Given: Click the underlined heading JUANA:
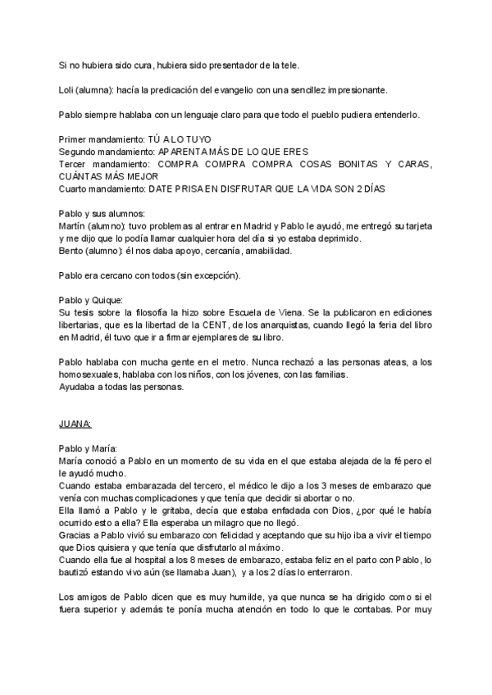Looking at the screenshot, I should coord(76,424).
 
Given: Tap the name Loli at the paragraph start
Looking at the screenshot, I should coord(70,89).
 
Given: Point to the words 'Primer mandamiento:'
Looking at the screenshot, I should coord(102,140).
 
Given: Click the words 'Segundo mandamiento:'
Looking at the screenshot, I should coord(107,152).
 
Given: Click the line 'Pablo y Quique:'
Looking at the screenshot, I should coord(91,300).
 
